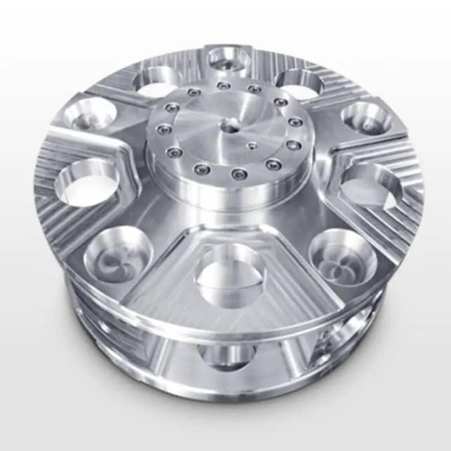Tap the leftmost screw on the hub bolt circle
[x=164, y=129]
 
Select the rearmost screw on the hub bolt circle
[x=224, y=86]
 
